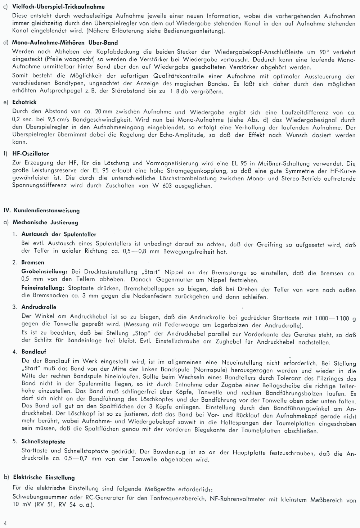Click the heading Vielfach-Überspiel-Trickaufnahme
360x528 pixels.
(x=58, y=6)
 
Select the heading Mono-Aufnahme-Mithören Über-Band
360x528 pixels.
(x=65, y=42)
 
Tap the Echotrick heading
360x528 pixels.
(x=24, y=102)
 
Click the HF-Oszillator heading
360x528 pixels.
(x=31, y=153)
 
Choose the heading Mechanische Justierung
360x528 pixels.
(x=45, y=222)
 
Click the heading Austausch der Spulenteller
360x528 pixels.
(x=59, y=234)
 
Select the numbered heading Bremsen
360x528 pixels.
(x=33, y=262)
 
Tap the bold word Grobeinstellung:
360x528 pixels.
(x=45, y=271)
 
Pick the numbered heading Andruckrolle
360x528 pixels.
(x=39, y=307)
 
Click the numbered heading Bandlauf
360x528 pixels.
(x=34, y=352)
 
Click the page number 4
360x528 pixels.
(x=5, y=523)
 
